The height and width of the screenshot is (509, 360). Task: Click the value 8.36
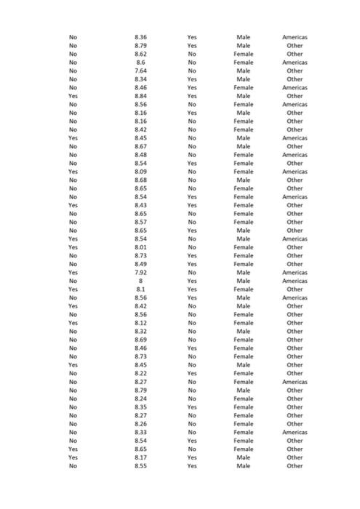click(x=141, y=37)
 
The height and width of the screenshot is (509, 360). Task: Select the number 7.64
click(x=141, y=71)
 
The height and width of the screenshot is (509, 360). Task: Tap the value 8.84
click(x=141, y=96)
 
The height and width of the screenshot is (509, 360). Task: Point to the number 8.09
click(x=141, y=172)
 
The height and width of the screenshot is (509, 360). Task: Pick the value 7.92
click(x=141, y=273)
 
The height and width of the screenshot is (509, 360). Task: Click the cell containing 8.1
click(x=141, y=289)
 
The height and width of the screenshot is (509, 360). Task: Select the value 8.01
click(x=141, y=247)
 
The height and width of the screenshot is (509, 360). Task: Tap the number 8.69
click(x=141, y=340)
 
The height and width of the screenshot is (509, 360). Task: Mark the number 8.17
click(x=141, y=457)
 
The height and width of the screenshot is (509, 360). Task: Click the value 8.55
click(x=141, y=466)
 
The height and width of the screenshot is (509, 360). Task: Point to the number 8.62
click(x=141, y=54)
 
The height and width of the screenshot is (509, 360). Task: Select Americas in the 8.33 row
click(x=295, y=433)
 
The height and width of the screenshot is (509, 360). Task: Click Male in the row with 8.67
click(x=244, y=146)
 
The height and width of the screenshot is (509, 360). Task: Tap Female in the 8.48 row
click(x=244, y=155)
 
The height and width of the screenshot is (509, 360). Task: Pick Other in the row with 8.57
click(x=295, y=222)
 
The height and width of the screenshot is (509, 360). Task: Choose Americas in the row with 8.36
click(x=295, y=37)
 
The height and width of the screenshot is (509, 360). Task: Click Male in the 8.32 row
click(x=244, y=332)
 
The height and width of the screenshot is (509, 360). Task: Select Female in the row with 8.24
click(x=244, y=398)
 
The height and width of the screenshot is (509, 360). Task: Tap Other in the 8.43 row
click(x=295, y=205)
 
